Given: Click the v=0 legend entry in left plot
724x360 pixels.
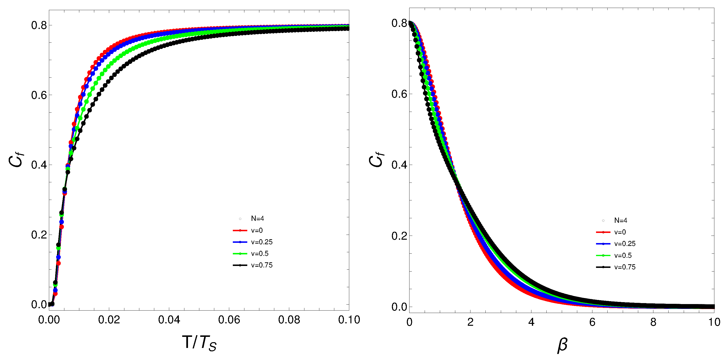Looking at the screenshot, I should [256, 231].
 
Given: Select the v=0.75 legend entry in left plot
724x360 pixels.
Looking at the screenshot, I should [261, 265].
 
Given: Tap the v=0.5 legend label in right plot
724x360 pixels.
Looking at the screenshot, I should [623, 255].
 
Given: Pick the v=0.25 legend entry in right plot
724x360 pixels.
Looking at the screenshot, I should [624, 244].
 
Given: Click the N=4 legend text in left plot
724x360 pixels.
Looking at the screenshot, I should [257, 218].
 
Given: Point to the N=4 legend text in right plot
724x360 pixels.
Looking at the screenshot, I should [620, 220].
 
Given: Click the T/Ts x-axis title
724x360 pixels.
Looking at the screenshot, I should [199, 343].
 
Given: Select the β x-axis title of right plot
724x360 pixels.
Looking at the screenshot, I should [562, 345].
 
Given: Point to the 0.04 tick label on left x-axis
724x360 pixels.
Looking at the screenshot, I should [169, 320].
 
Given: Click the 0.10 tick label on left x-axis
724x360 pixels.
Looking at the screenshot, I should [349, 320].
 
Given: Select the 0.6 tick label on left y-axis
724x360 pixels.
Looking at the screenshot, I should [39, 95].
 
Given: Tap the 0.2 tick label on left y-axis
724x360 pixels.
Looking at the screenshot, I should [39, 235].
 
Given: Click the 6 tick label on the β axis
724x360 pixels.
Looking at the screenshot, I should [592, 322].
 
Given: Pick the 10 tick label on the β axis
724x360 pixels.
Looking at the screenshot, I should [714, 322].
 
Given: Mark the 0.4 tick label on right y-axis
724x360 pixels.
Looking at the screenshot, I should [399, 165].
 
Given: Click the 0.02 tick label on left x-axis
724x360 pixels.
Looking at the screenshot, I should [109, 320].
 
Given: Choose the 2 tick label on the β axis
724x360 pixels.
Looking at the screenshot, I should [470, 322].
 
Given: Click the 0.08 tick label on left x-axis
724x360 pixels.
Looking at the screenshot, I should [289, 320].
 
